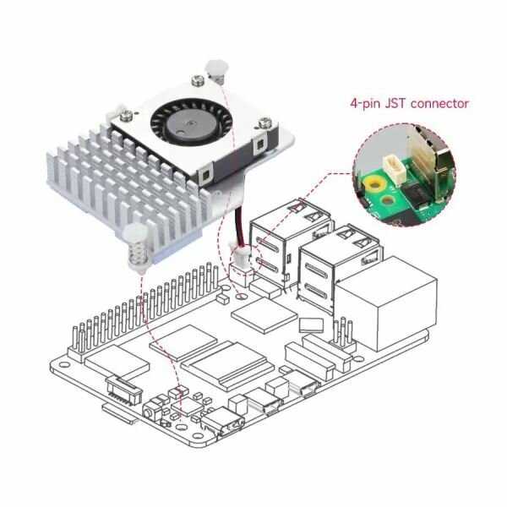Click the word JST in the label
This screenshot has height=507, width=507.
(399, 103)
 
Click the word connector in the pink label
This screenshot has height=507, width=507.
(439, 103)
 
